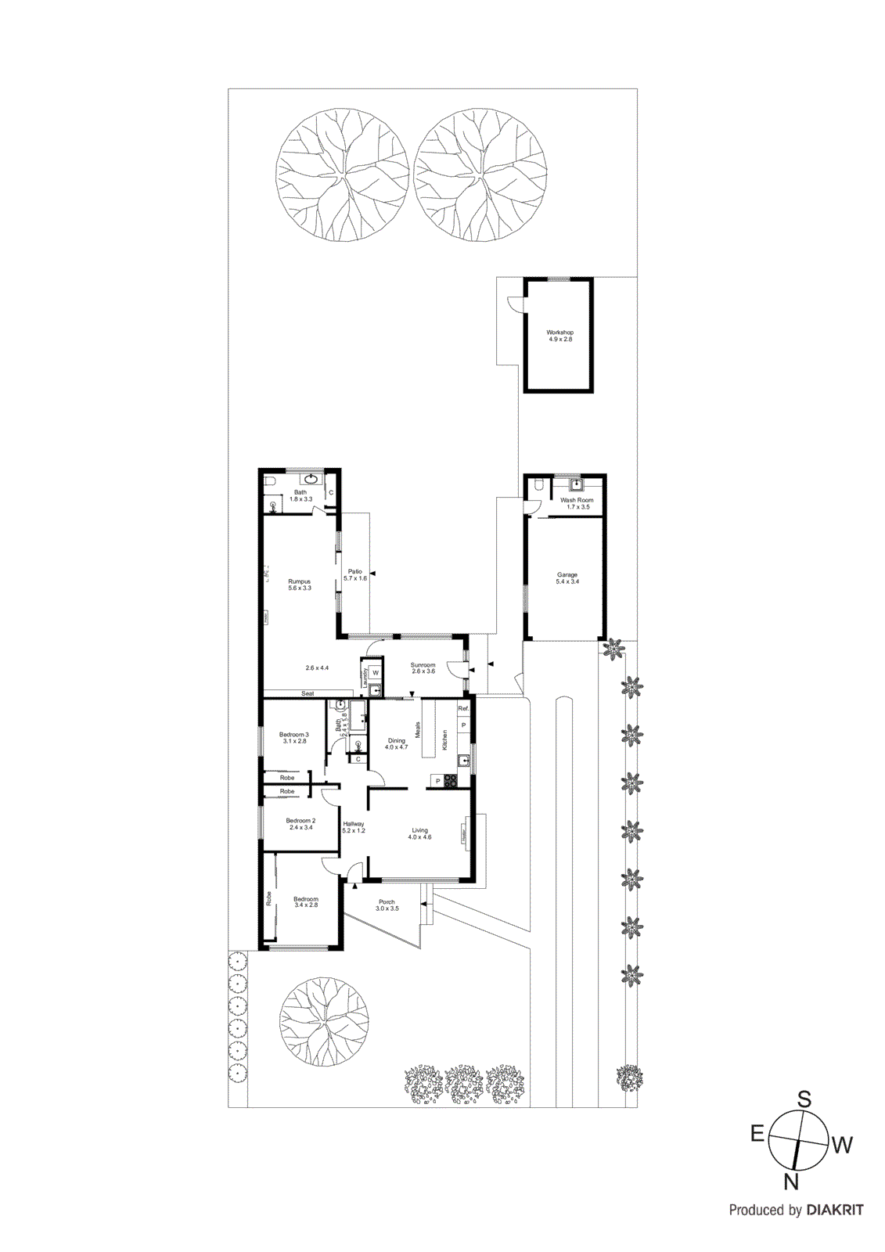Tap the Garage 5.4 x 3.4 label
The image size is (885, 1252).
point(567,578)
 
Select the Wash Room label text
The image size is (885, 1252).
point(577,500)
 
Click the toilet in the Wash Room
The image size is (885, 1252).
point(537,487)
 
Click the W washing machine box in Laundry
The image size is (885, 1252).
point(376,673)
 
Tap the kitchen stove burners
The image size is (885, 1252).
point(451,780)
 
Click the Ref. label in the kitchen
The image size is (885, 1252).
point(463,709)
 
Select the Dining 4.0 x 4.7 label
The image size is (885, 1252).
point(397,743)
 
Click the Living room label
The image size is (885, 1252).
point(419,833)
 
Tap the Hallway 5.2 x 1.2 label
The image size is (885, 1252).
point(354,827)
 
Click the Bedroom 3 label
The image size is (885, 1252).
point(293,737)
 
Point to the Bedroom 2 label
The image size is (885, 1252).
point(300,823)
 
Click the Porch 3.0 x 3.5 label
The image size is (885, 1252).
point(387,905)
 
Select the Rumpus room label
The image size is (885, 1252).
point(299,585)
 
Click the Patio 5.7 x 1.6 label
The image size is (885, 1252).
point(355,574)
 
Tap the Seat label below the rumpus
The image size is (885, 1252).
point(308,693)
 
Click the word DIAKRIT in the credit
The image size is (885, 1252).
point(835,1210)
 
